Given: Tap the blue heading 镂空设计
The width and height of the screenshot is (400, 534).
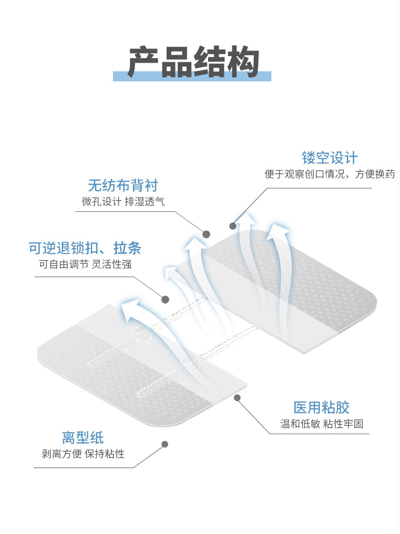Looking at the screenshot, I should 330,157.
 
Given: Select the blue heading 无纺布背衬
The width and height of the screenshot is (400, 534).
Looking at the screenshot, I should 123,185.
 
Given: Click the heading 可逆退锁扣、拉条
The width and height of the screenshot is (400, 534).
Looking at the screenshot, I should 85,248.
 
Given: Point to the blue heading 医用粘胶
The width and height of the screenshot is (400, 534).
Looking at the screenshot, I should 322,407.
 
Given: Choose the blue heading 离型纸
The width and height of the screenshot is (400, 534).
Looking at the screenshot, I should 83,437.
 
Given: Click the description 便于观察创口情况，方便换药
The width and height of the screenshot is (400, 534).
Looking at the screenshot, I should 330,174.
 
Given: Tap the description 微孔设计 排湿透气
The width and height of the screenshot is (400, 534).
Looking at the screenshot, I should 123,202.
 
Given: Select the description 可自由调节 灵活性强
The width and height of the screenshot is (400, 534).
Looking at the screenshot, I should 85,264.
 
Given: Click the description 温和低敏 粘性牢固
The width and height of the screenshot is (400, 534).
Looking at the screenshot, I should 322,424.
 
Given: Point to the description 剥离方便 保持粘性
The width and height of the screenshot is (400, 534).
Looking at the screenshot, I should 83,454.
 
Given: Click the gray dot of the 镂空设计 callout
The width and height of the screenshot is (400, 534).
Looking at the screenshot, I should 233,226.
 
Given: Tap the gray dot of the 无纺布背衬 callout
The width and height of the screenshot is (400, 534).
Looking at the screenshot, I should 206,234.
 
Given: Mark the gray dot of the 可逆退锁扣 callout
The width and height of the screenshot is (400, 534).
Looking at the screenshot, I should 165,299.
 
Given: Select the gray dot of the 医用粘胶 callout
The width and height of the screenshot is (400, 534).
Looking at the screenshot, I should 236,398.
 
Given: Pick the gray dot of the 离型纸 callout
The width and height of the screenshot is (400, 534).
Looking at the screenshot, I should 165,444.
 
